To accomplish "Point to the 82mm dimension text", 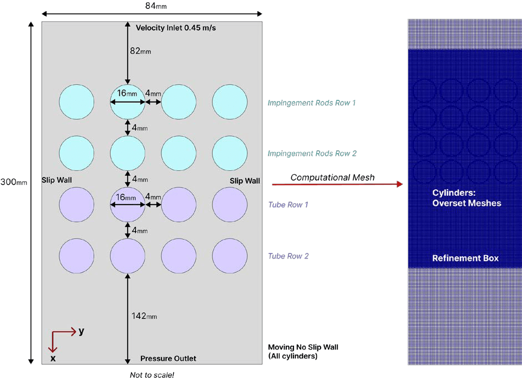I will (x=140, y=51).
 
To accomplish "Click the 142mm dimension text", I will (x=144, y=316).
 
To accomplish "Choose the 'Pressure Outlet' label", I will (x=168, y=358).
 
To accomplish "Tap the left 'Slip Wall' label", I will (x=57, y=181).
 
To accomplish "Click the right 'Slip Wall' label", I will (x=245, y=181).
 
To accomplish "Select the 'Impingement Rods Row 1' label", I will (x=311, y=103).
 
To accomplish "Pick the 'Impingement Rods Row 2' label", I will (x=311, y=154).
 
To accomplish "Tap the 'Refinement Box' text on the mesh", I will (x=465, y=258).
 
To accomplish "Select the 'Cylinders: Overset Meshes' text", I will (x=466, y=198).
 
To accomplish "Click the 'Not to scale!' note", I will (x=152, y=375).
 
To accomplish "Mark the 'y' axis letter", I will (x=82, y=331).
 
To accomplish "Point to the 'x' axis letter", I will (x=53, y=358).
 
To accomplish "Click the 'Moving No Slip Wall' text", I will (x=303, y=347).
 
